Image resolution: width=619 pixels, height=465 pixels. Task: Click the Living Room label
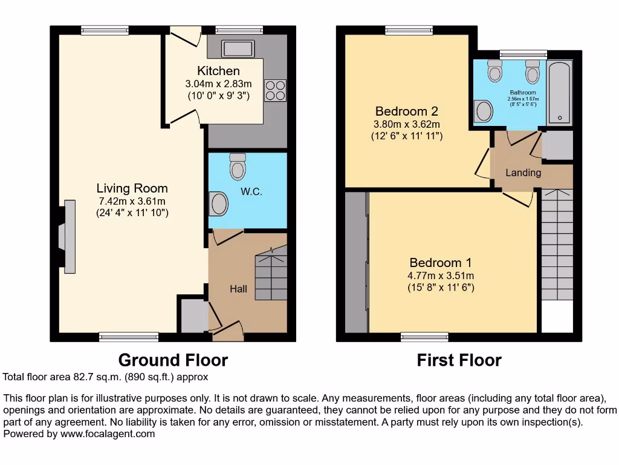click(132, 188)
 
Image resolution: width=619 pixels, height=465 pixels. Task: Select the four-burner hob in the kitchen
click(275, 90)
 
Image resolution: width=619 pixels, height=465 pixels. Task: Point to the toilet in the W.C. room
click(238, 165)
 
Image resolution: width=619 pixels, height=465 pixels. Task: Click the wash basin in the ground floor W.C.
click(218, 203)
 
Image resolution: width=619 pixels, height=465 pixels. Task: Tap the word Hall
click(238, 289)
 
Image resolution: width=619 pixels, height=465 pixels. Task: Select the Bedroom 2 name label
click(406, 111)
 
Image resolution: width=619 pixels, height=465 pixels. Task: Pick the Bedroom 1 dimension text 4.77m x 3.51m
click(440, 275)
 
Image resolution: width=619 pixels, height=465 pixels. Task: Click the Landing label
click(523, 173)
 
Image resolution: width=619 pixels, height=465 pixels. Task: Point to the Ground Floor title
click(173, 360)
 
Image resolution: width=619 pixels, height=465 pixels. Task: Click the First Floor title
click(459, 361)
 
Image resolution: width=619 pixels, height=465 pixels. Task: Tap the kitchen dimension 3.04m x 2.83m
click(218, 84)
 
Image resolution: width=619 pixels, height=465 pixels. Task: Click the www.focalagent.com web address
click(106, 434)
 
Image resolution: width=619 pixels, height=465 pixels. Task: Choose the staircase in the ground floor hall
click(270, 276)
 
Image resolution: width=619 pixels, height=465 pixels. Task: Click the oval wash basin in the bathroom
click(484, 111)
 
